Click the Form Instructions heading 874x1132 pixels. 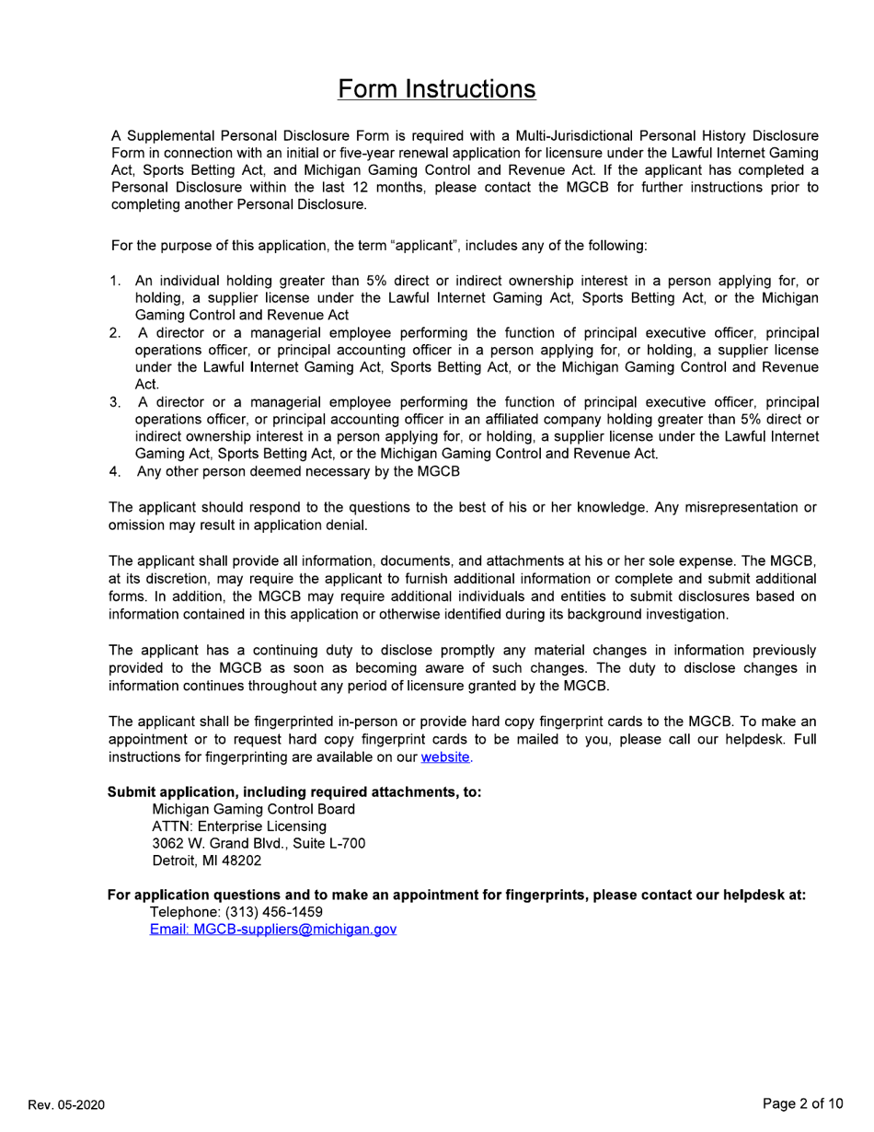coord(436,89)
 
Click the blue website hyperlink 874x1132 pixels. coord(445,757)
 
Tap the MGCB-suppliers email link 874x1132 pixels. coord(273,930)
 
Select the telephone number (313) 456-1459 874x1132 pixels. coord(236,912)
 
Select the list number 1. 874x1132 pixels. coord(115,281)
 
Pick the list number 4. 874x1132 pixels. coord(115,471)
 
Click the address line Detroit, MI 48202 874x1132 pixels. coord(206,861)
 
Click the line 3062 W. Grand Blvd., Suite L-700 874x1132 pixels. coord(258,844)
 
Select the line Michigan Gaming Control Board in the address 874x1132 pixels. coord(253,809)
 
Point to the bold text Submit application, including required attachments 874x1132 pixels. coord(294,791)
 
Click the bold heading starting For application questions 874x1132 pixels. coord(456,895)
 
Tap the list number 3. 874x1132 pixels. coord(115,402)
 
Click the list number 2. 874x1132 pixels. coord(115,332)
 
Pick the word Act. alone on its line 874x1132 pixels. coord(147,384)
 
